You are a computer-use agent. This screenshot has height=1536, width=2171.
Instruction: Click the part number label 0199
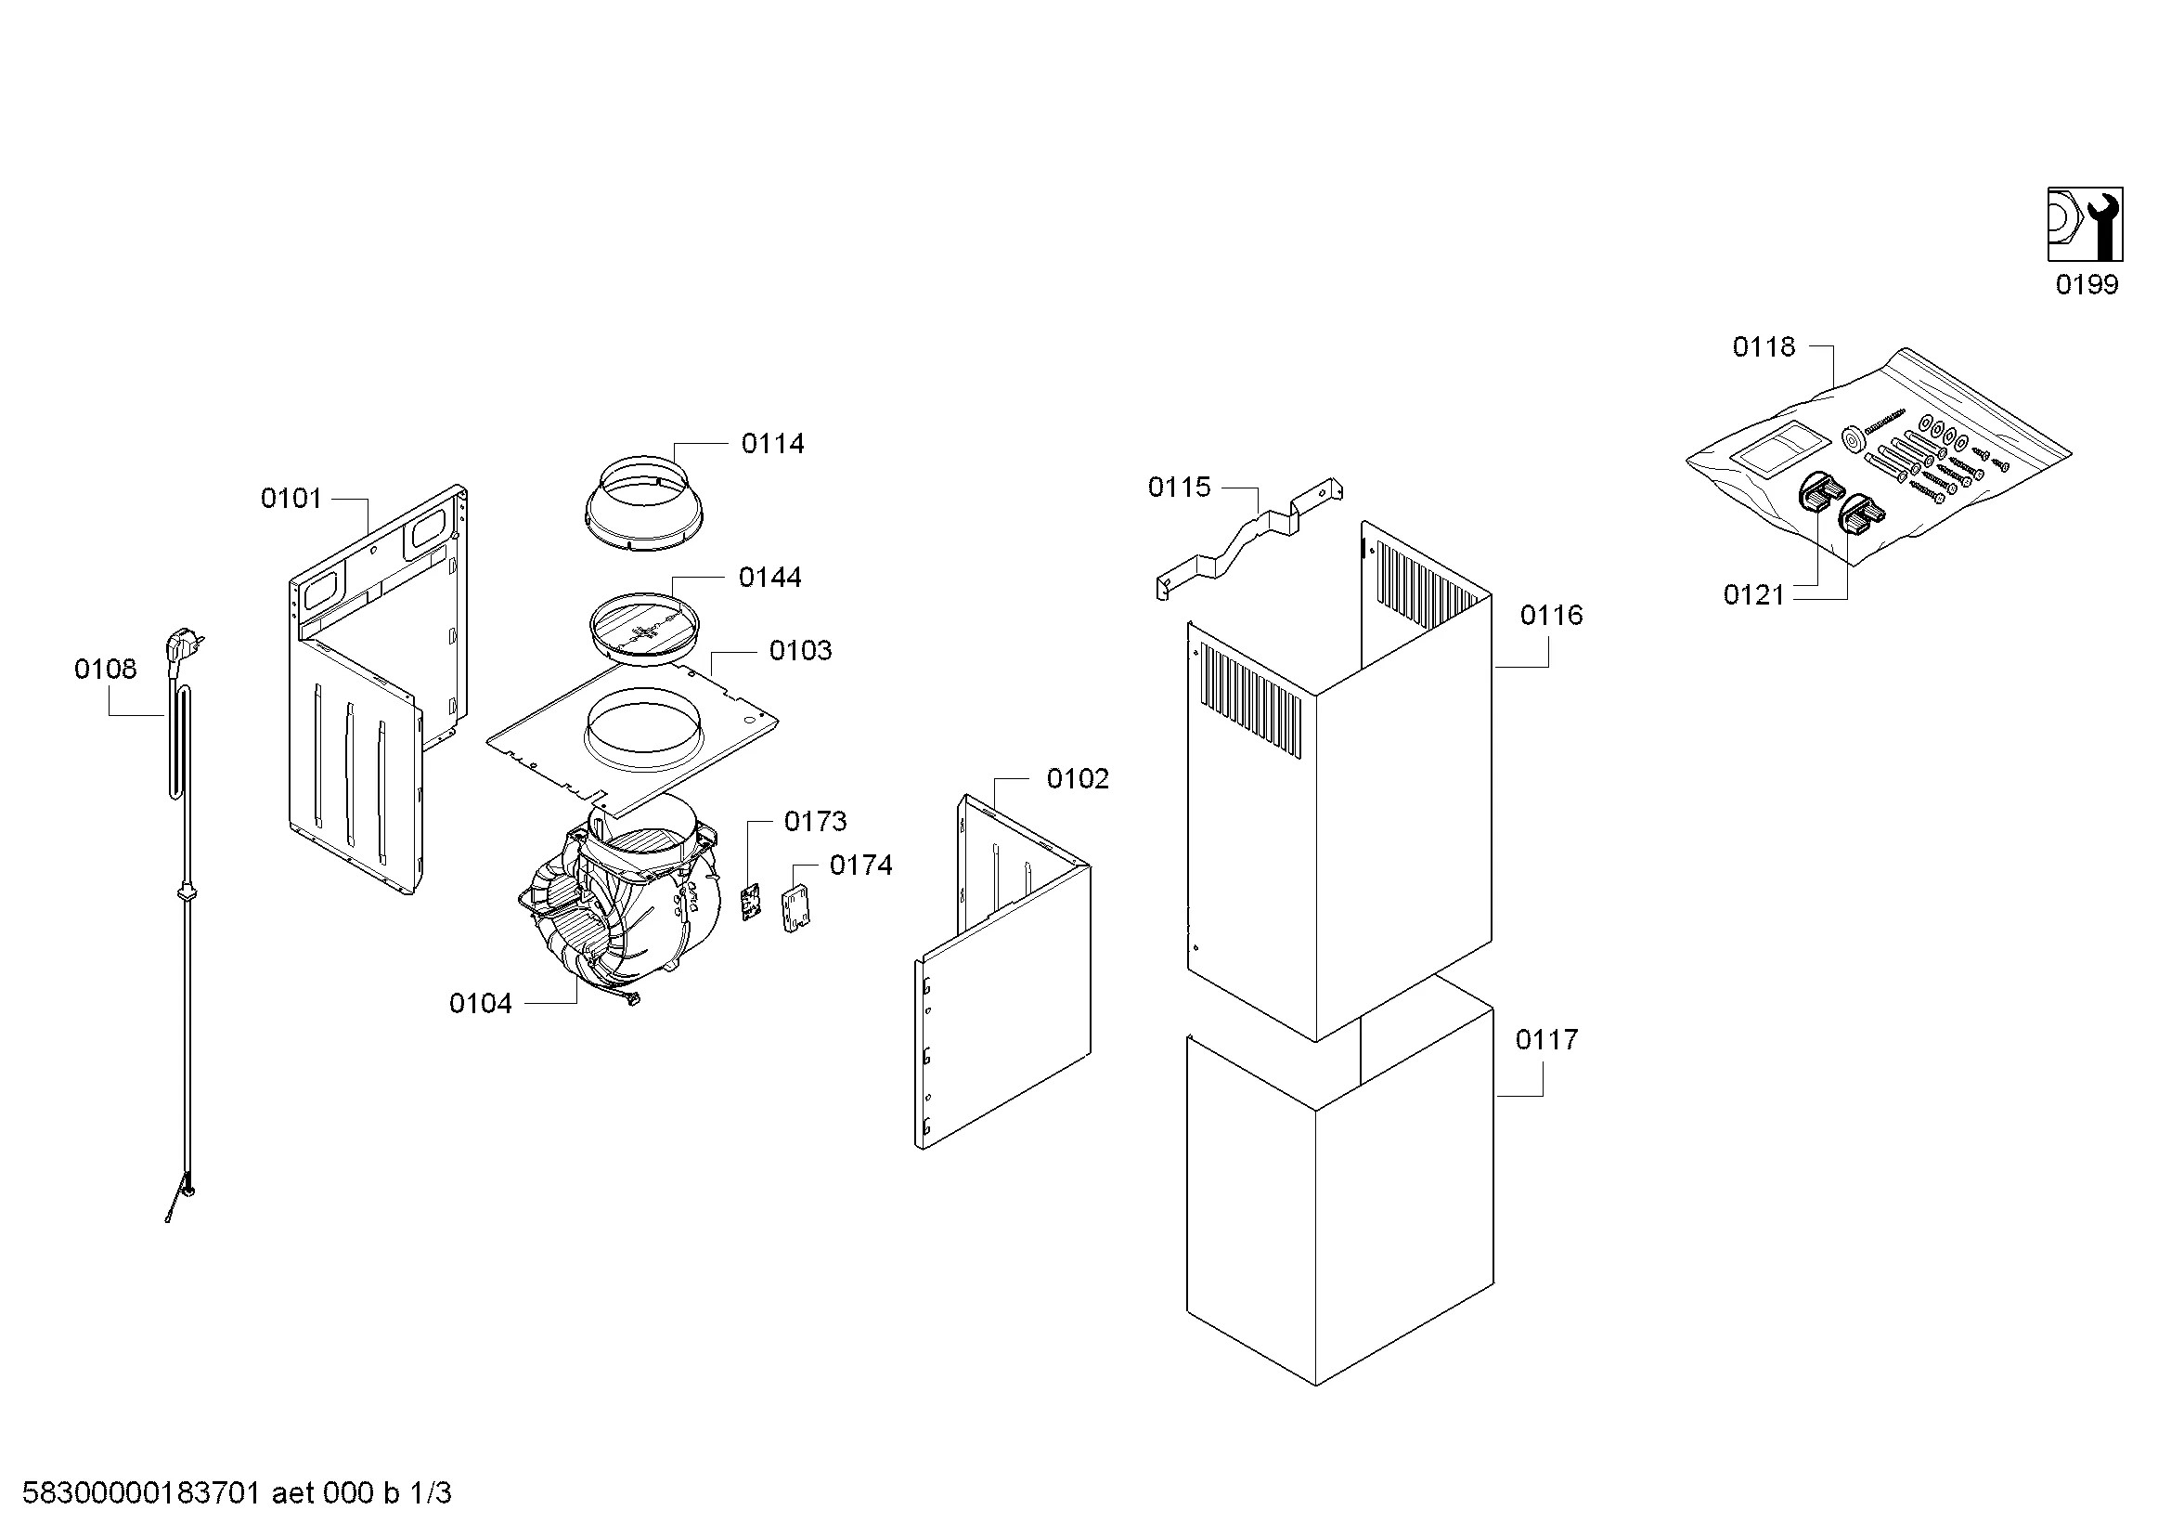[2087, 285]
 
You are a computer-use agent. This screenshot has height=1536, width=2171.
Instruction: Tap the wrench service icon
[2085, 224]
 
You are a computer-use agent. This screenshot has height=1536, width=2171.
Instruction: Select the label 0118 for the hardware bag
[1764, 347]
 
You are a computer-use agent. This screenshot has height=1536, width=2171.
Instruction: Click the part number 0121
[1754, 595]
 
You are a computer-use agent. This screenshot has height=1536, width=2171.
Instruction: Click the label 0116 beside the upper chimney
[1552, 616]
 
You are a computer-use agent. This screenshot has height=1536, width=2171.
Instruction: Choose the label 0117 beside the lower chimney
[1547, 1040]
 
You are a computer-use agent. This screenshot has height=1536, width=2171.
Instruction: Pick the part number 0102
[1078, 779]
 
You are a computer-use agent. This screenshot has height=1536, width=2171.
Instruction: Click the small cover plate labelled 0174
[796, 908]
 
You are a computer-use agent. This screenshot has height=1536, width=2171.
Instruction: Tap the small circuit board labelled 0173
[751, 902]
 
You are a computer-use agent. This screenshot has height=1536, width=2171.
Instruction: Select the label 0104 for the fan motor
[481, 1004]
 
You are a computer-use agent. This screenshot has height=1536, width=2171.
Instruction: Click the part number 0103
[801, 651]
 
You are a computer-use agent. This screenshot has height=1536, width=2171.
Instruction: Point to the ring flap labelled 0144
[645, 629]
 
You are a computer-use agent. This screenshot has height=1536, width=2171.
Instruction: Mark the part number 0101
[291, 499]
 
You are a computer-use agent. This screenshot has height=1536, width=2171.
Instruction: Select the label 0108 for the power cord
[106, 670]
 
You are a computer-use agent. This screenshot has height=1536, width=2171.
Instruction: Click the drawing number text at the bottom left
[237, 1493]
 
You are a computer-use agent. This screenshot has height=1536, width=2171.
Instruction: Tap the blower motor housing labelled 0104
[619, 908]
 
